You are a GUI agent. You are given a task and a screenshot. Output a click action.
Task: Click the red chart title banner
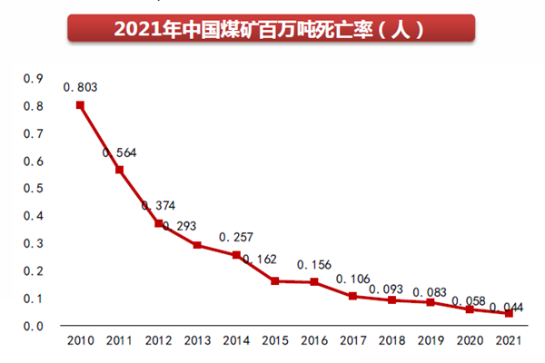click(272, 28)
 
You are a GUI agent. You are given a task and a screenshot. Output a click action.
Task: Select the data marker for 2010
click(80, 105)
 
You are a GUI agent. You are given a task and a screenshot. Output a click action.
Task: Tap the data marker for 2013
click(197, 245)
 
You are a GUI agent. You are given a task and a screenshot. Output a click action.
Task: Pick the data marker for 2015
click(275, 280)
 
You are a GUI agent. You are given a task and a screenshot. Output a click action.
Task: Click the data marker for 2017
click(353, 296)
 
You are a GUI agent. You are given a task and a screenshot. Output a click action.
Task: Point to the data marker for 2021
click(510, 313)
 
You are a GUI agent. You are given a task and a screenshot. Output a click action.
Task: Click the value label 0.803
click(80, 87)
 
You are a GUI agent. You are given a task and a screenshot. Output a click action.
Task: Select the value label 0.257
click(236, 237)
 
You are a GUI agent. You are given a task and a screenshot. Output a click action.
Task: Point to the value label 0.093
click(392, 289)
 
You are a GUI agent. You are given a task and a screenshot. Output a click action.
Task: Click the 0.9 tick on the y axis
click(33, 79)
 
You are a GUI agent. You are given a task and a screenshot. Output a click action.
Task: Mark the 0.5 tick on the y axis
click(33, 189)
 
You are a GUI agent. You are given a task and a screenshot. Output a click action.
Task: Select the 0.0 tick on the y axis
click(33, 326)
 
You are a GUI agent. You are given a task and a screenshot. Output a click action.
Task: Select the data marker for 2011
click(119, 170)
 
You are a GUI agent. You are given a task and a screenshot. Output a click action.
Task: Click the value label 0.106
click(353, 279)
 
